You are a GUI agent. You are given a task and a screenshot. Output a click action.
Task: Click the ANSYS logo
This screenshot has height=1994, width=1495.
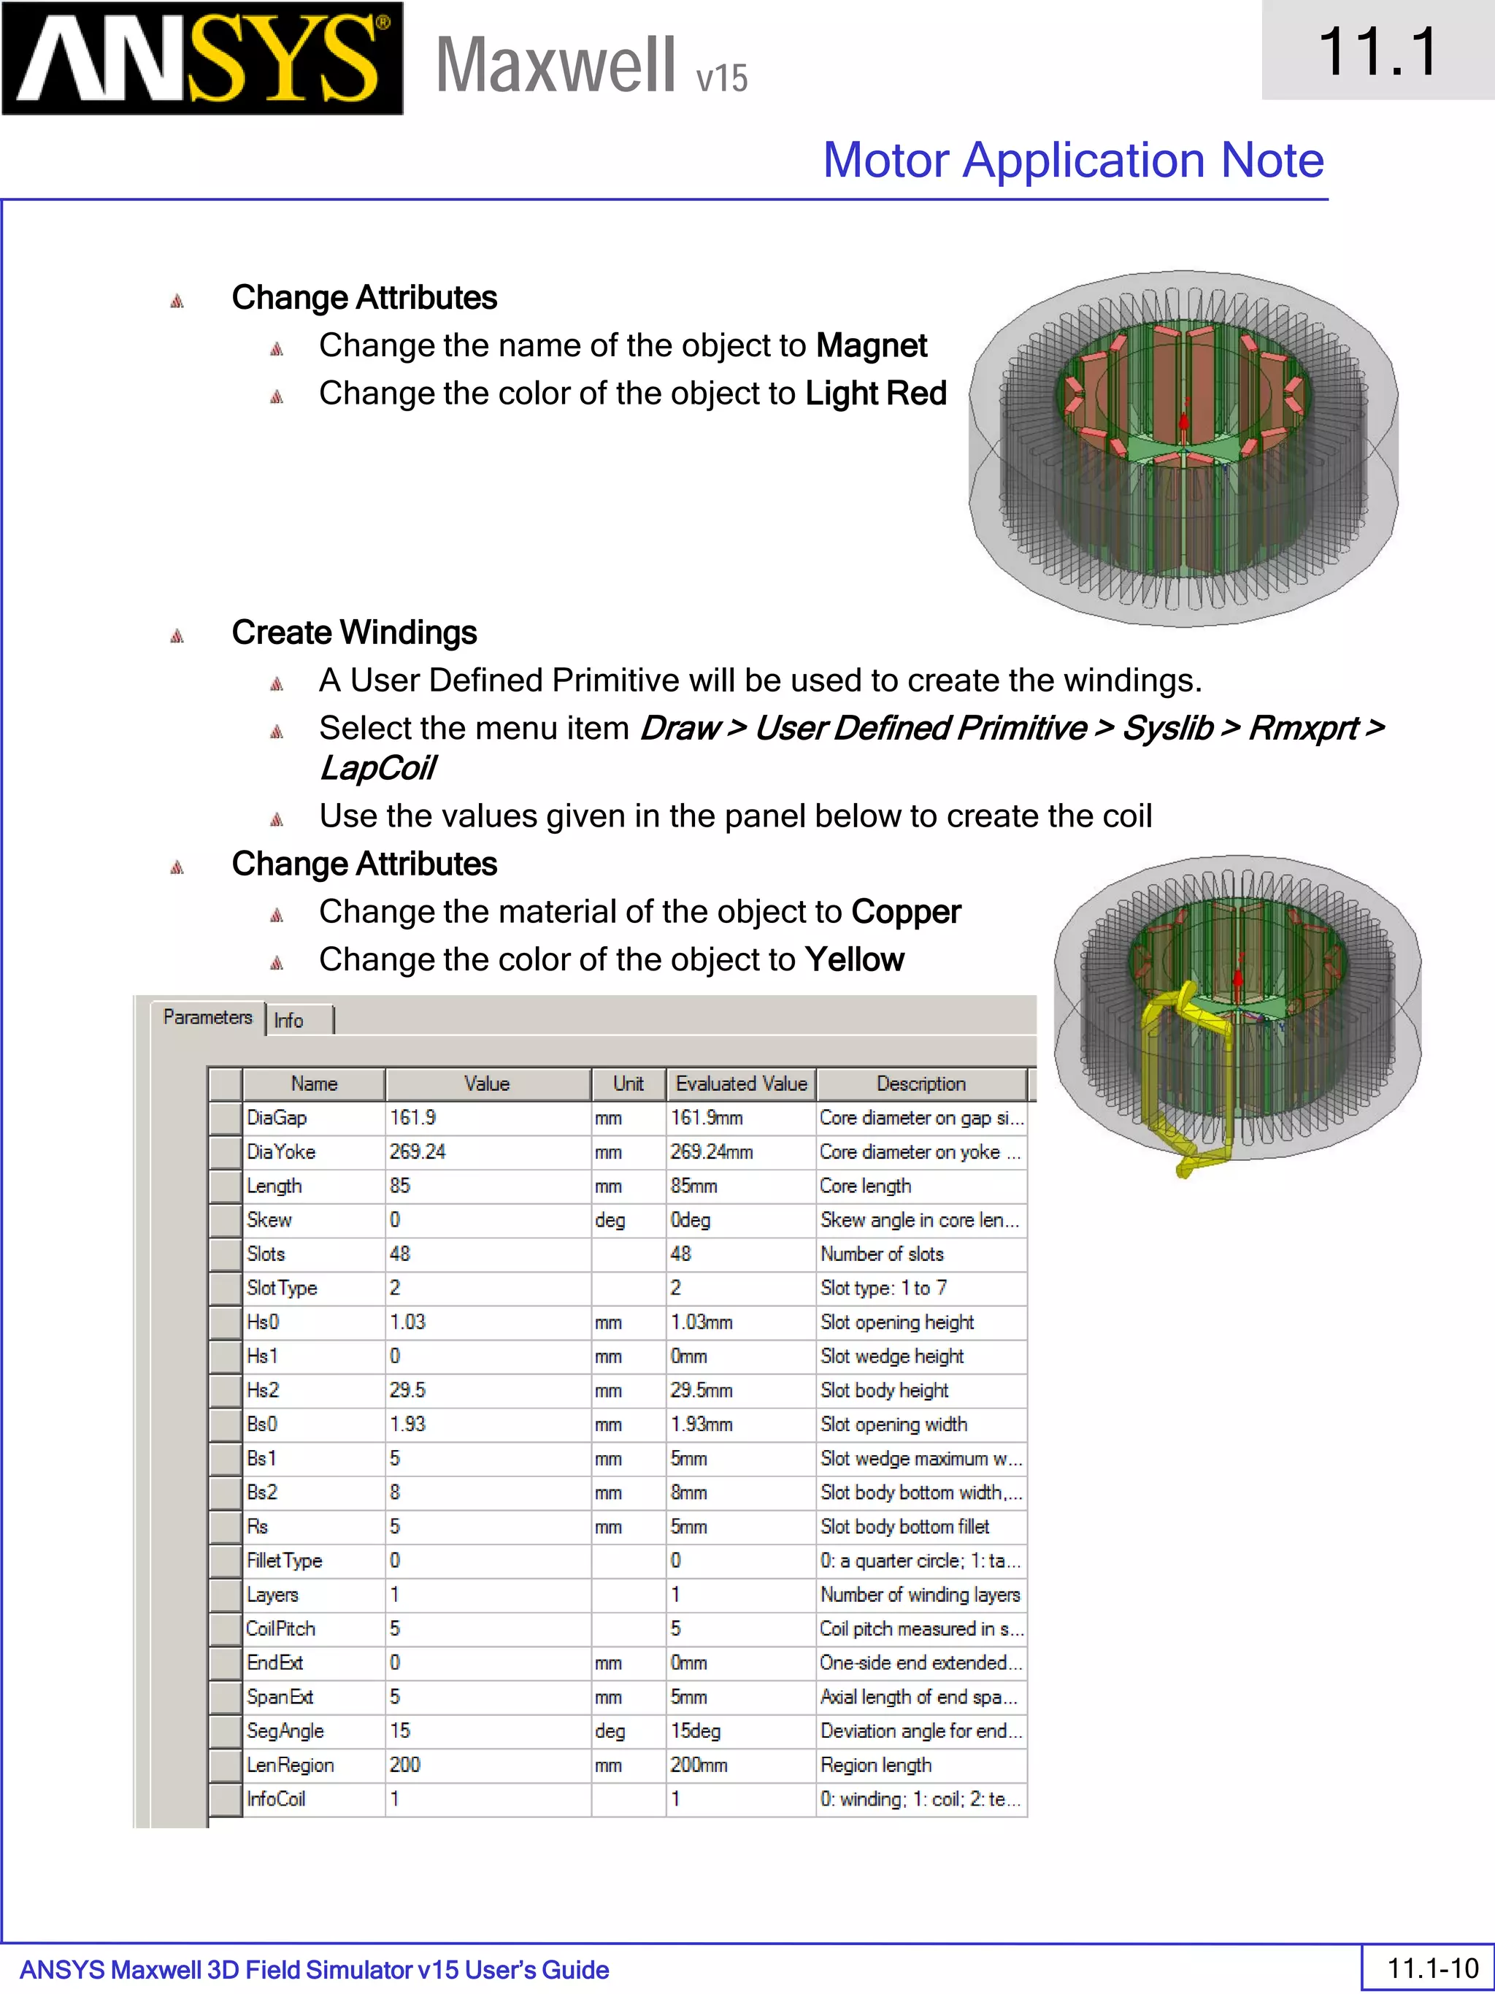pyautogui.click(x=202, y=58)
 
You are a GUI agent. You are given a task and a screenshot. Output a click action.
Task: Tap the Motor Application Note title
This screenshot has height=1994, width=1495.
pyautogui.click(x=1072, y=161)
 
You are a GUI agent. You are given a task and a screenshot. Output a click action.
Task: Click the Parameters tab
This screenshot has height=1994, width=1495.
pyautogui.click(x=207, y=1018)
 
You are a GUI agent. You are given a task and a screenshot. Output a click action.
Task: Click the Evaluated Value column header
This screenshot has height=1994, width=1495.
pyautogui.click(x=741, y=1084)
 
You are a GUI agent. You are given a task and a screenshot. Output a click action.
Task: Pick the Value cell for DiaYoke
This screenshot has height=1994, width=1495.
pyautogui.click(x=487, y=1152)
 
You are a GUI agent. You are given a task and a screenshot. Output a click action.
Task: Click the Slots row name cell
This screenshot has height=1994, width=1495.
pyautogui.click(x=312, y=1254)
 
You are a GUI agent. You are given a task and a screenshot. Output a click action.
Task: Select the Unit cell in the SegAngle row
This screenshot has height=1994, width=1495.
pyautogui.click(x=627, y=1730)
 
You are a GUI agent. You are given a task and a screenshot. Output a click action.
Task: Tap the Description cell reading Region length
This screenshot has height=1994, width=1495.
pyautogui.click(x=919, y=1765)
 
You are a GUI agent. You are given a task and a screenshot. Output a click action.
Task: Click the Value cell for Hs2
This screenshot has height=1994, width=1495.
pyautogui.click(x=487, y=1390)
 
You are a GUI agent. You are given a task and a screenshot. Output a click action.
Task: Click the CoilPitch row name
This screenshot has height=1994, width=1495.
pyautogui.click(x=312, y=1629)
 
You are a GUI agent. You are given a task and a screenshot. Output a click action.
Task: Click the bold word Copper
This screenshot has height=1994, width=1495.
pyautogui.click(x=906, y=912)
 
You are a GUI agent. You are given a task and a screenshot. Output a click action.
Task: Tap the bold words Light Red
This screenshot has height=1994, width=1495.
pyautogui.click(x=876, y=394)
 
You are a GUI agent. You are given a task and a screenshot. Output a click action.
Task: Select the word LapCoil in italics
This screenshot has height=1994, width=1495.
pyautogui.click(x=377, y=769)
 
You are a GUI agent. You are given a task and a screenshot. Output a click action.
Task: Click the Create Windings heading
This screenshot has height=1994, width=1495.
pyautogui.click(x=354, y=633)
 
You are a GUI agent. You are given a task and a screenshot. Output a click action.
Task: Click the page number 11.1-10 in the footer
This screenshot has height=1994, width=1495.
pyautogui.click(x=1432, y=1968)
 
